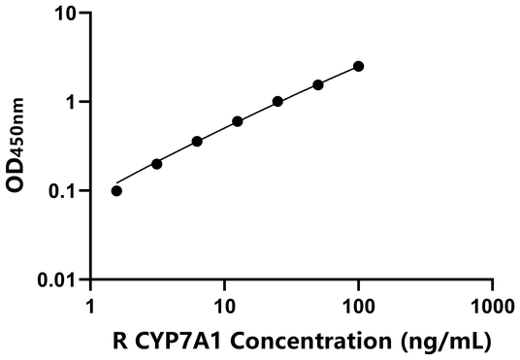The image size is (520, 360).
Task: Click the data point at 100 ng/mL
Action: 358,66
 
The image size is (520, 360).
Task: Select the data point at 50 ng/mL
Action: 318,84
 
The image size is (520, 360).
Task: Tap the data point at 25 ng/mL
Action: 277,101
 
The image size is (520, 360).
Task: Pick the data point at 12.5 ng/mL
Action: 238,121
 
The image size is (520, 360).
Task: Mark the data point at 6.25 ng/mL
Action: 197,141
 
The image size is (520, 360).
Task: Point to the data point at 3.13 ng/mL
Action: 157,164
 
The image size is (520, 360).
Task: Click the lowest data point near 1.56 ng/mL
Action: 116,190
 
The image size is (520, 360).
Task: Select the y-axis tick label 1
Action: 74,102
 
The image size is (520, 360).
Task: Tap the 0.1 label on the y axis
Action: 65,191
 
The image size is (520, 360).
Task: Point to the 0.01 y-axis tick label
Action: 60,279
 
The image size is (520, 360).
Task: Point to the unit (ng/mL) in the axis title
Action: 440,341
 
